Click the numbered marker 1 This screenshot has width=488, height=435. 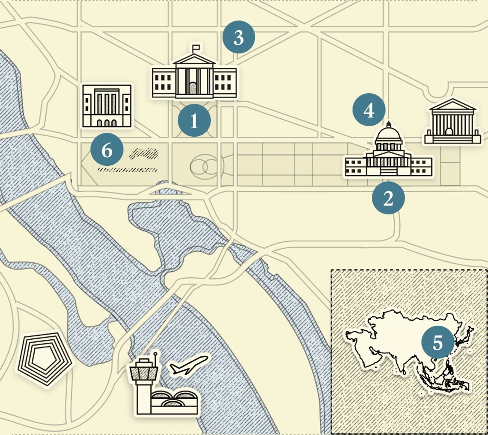(x=194, y=121)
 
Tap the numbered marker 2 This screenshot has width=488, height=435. (x=388, y=198)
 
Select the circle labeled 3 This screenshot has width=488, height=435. (x=239, y=38)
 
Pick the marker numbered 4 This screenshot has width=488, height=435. (x=369, y=110)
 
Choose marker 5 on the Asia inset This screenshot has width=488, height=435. (x=437, y=342)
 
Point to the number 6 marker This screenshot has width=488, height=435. (x=107, y=150)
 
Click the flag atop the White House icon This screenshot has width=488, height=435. (x=196, y=47)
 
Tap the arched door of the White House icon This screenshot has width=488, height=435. (x=193, y=88)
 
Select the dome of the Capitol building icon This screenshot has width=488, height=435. (x=389, y=136)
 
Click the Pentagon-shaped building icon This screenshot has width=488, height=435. (x=44, y=359)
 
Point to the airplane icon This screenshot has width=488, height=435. (x=189, y=365)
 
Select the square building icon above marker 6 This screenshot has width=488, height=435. (x=107, y=106)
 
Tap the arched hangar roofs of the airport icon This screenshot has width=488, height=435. (x=173, y=397)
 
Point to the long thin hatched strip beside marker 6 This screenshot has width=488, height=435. (x=126, y=170)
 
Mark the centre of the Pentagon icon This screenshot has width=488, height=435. (x=44, y=359)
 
